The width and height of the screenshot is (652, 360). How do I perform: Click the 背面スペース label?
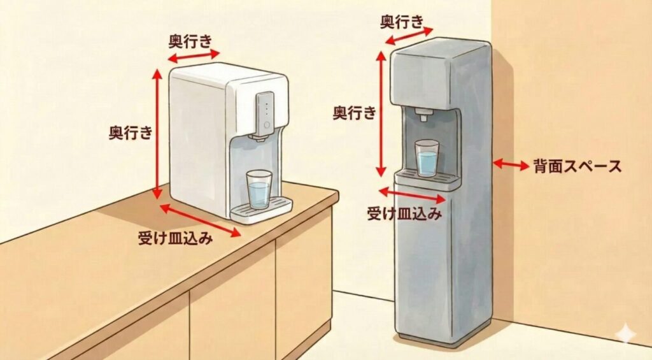(578, 167)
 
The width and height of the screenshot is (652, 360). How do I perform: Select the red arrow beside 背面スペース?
(511, 164)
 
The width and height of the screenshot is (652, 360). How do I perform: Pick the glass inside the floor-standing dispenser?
(427, 157)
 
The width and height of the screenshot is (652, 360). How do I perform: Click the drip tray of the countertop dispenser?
(261, 209)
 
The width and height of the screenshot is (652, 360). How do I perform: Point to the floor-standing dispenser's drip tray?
(427, 178)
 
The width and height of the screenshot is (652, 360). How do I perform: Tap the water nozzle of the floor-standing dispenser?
(423, 115)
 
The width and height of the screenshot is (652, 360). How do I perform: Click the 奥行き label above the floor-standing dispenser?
(402, 22)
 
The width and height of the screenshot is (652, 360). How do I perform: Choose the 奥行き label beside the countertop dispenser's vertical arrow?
(131, 133)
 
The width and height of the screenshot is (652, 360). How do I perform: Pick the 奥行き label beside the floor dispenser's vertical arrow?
(355, 113)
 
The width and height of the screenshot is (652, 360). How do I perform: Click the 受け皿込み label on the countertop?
(175, 238)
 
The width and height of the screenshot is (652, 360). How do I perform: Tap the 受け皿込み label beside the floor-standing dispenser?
(404, 213)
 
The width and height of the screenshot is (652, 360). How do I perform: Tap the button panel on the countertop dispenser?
(266, 112)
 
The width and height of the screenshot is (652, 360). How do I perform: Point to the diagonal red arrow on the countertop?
(200, 220)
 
